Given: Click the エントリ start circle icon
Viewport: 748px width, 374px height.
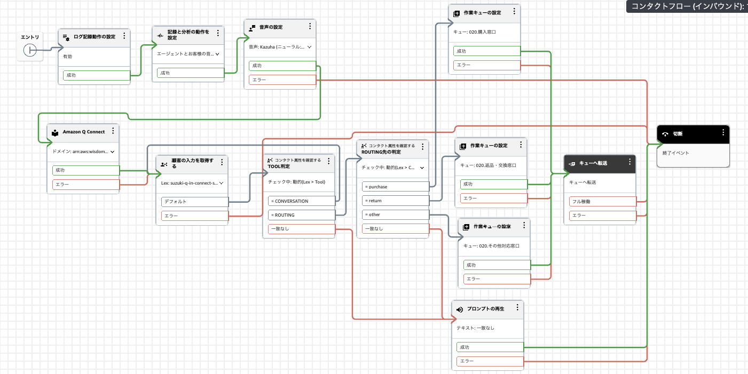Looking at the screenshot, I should [30, 51].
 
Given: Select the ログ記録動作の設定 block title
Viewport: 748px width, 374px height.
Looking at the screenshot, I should [94, 37].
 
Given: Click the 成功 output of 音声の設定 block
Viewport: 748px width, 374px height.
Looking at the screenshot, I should [282, 66].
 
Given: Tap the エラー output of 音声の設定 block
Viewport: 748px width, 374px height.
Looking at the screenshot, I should [282, 80].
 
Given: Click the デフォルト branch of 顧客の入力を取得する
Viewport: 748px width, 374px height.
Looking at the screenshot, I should [194, 202].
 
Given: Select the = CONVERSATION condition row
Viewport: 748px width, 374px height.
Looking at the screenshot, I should [301, 201].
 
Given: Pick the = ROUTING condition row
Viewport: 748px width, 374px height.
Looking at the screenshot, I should [301, 215].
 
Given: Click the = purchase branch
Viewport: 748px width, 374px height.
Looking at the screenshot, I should [395, 187].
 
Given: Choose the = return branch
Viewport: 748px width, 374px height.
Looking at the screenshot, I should [395, 201].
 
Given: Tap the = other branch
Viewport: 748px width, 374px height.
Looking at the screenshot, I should [395, 214].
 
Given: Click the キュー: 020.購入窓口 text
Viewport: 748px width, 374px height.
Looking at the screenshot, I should [475, 32].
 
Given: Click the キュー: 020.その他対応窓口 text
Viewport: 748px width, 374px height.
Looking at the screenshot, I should [491, 246].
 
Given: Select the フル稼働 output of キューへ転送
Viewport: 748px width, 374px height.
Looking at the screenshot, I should [602, 202].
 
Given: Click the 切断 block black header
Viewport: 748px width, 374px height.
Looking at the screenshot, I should [693, 134].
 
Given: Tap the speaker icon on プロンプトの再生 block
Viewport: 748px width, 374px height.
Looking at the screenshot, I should [460, 309].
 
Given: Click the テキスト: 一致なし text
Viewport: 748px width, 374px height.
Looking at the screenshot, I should [475, 328].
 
